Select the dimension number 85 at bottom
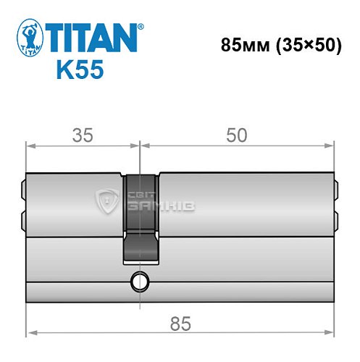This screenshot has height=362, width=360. pyautogui.click(x=181, y=324)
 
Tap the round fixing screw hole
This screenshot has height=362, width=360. pyautogui.click(x=138, y=281)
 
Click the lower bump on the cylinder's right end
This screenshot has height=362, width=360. pyautogui.click(x=338, y=217)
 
